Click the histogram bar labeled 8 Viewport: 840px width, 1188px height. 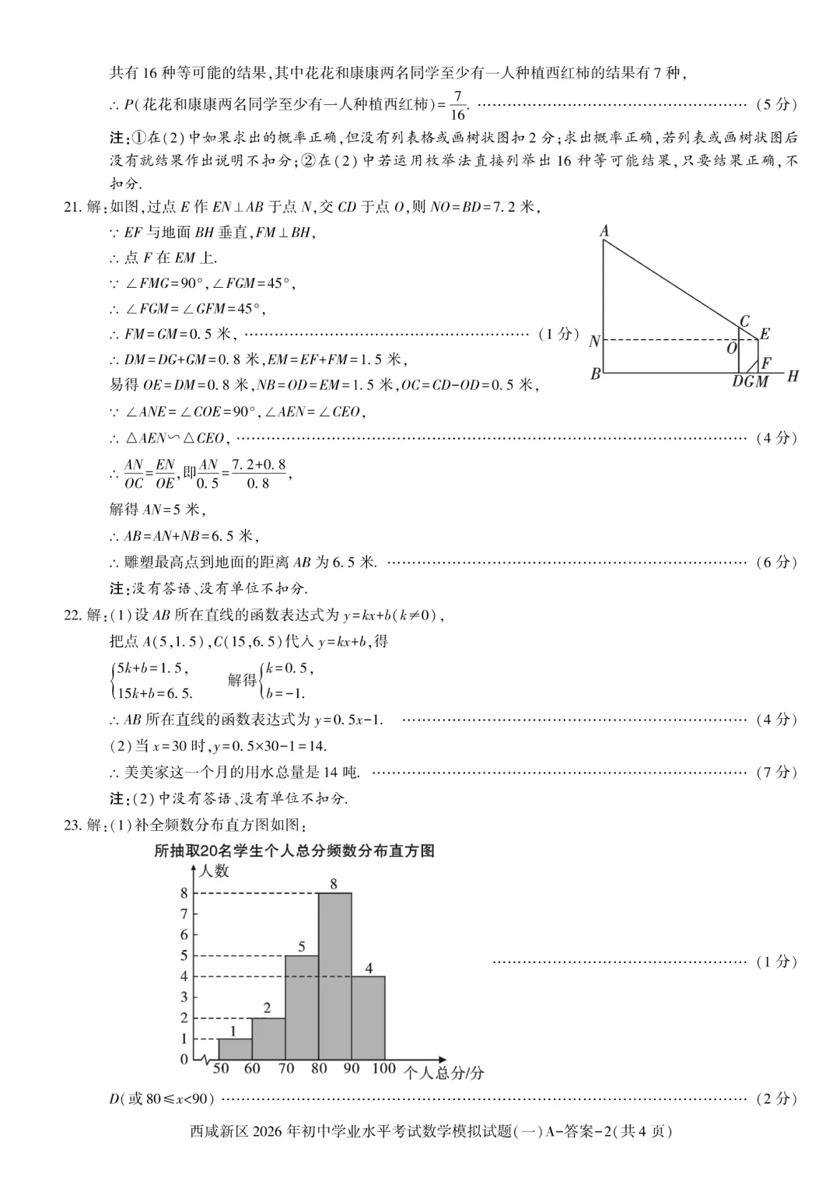335,976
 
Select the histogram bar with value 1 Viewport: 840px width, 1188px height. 235,1049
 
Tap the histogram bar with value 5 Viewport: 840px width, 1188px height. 302,1008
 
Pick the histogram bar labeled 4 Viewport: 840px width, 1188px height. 368,1018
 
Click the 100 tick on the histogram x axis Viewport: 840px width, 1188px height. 383,1068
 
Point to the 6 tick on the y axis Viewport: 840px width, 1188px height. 184,934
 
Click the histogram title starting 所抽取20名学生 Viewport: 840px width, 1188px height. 294,850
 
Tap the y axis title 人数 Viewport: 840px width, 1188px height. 214,871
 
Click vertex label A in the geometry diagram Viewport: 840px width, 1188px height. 604,230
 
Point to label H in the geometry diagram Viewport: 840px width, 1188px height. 792,377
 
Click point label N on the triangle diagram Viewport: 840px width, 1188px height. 594,342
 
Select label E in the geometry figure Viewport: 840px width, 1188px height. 765,334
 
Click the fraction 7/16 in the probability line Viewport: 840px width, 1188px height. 457,105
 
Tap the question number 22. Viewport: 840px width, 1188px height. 72,615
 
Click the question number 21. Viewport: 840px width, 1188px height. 72,206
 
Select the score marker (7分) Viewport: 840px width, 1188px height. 776,772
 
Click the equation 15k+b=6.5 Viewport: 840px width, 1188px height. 153,692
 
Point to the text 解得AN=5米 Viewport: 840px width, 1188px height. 156,510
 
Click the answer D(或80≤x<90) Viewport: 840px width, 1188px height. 162,1099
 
